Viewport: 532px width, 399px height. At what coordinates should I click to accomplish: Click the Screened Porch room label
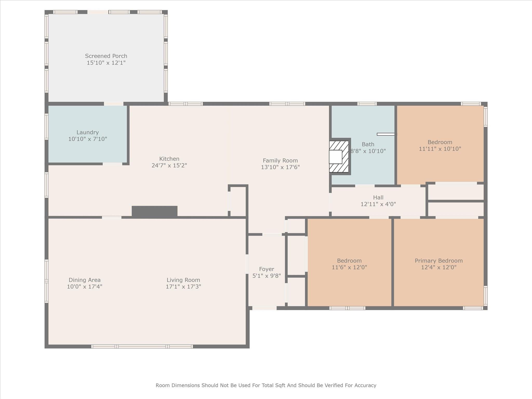tap(106, 56)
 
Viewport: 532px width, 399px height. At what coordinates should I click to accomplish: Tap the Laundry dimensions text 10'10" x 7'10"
tap(88, 139)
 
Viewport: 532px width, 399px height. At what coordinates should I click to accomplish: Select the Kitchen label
tap(169, 159)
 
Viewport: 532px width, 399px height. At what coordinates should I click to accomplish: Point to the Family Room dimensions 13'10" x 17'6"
tap(280, 167)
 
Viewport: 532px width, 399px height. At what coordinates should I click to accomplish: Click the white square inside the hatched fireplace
tap(336, 157)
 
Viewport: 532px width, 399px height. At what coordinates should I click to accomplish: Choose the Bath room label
tap(368, 144)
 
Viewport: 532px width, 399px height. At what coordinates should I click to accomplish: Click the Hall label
tap(378, 197)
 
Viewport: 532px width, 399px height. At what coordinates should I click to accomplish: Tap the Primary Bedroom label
tap(439, 261)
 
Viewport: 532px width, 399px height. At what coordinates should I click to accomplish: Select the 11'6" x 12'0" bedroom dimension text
tap(349, 267)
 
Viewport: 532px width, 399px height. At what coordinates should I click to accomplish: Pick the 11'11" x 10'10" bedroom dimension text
tap(440, 149)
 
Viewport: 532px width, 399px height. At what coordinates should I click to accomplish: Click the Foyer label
tap(267, 269)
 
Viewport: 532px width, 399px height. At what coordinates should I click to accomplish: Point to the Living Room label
tap(183, 280)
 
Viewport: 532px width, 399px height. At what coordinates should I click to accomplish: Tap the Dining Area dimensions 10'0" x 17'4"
tap(85, 287)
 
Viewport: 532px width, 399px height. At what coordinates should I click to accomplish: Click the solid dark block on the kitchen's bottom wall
tap(155, 211)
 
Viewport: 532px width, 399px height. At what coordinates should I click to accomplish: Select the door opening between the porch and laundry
tap(114, 104)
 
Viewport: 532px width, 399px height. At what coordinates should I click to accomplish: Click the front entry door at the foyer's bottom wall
tap(264, 308)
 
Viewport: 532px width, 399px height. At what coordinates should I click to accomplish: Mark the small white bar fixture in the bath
tap(387, 134)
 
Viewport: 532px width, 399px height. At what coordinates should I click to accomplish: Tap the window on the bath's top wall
tap(367, 104)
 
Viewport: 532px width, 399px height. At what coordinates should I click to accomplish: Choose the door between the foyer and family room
tap(272, 234)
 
